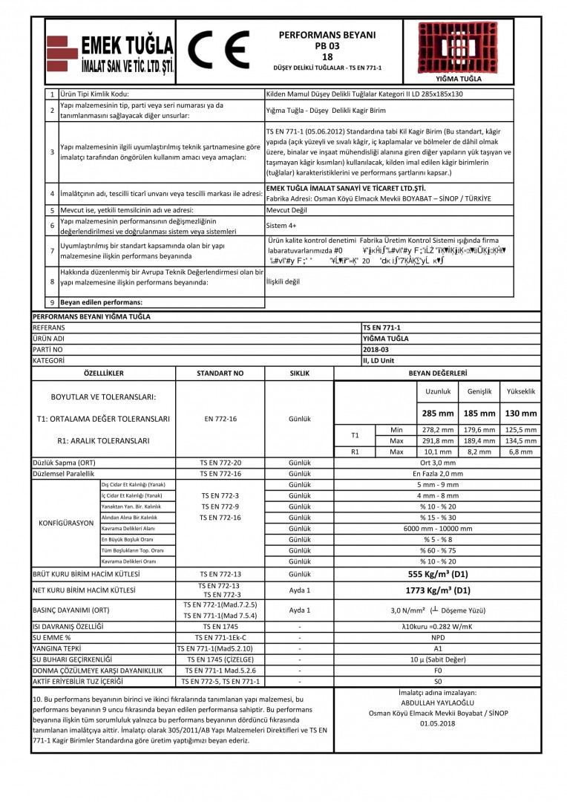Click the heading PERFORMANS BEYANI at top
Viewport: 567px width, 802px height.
pos(327,35)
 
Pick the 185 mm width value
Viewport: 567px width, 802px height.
pos(479,414)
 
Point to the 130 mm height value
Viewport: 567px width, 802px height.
pos(521,414)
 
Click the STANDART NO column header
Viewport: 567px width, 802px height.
pos(220,373)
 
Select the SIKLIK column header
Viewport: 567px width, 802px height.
pos(298,373)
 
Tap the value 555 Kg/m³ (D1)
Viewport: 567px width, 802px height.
pos(438,574)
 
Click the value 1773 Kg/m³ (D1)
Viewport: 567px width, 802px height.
pos(438,591)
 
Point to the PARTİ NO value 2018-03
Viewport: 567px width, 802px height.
pos(376,348)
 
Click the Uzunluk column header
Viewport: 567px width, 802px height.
pos(437,391)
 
